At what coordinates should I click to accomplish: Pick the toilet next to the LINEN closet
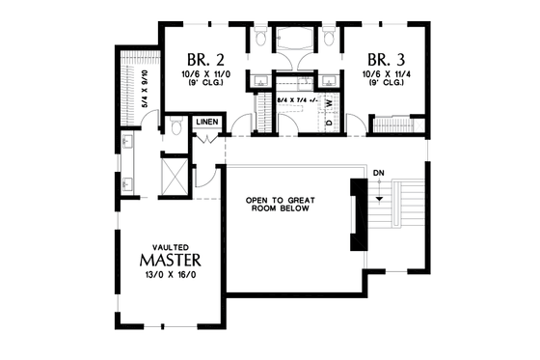click(176, 126)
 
